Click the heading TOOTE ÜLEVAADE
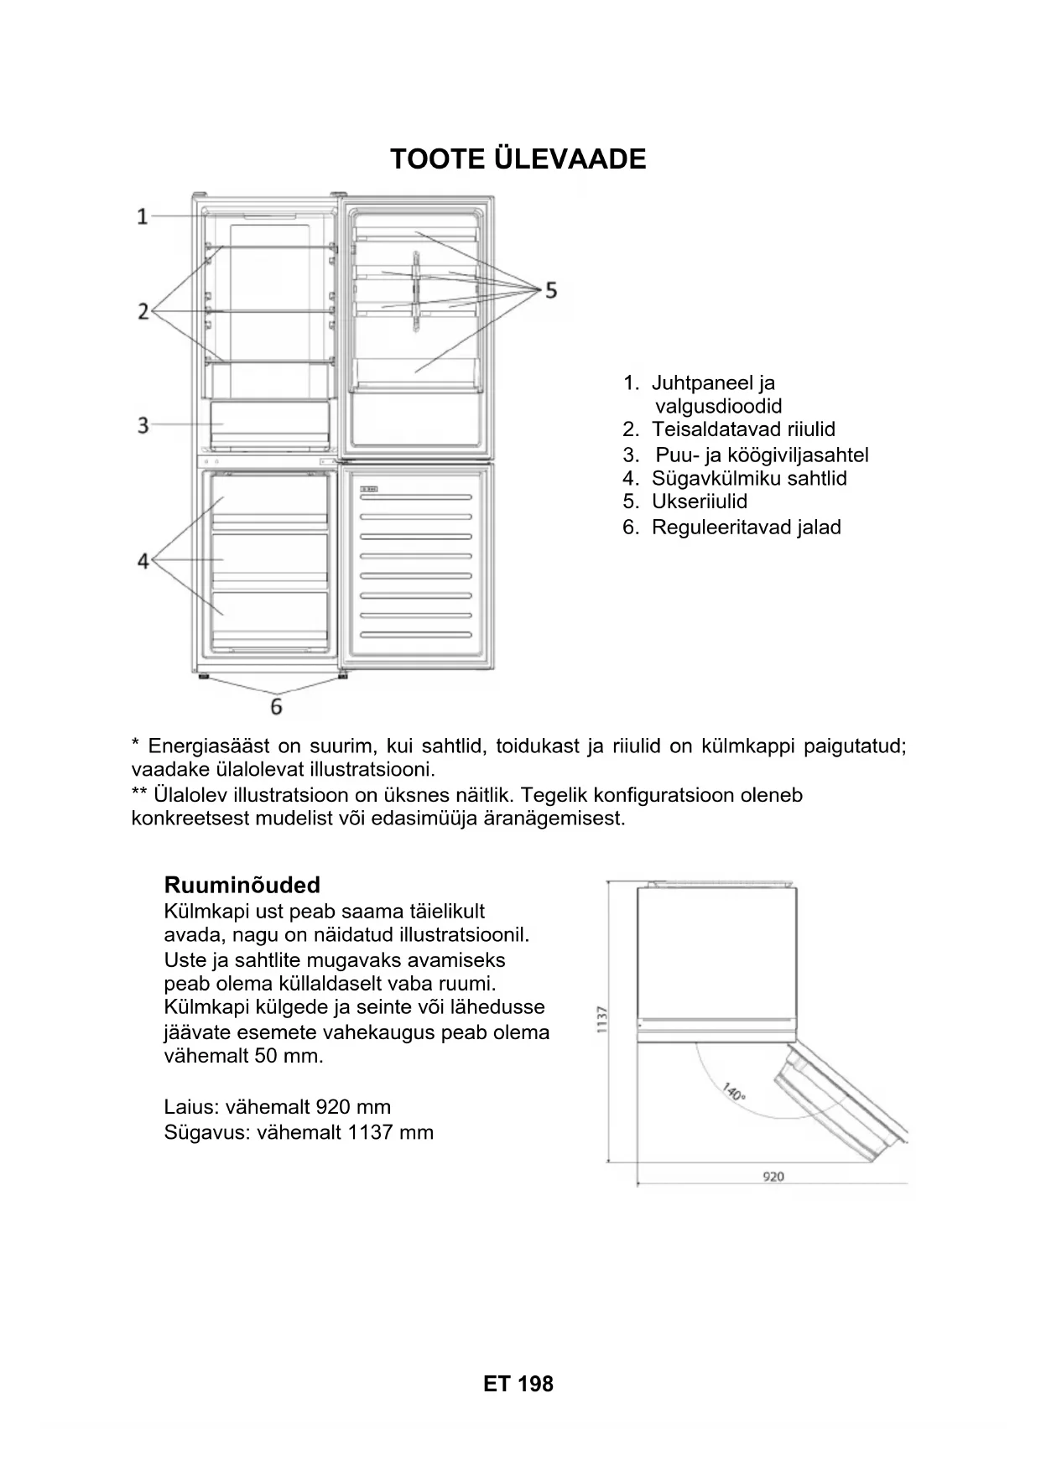click(518, 159)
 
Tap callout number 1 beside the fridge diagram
click(143, 216)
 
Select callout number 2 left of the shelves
click(143, 311)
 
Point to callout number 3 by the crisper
click(143, 424)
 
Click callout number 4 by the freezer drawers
click(143, 559)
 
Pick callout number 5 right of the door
click(550, 290)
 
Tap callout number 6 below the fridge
click(276, 706)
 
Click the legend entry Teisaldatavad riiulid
click(743, 429)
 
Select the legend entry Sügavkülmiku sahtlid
click(749, 478)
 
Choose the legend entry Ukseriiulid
click(700, 502)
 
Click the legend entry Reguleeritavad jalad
click(746, 527)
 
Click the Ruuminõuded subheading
click(242, 885)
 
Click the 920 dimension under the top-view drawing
click(773, 1176)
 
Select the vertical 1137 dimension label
click(601, 1020)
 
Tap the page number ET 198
click(518, 1383)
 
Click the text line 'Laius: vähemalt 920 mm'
click(278, 1107)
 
